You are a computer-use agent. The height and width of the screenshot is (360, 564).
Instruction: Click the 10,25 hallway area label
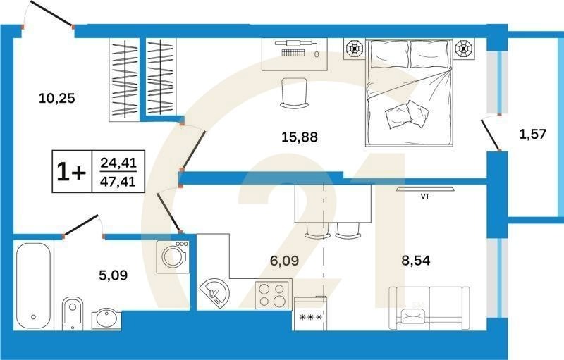[x=57, y=98]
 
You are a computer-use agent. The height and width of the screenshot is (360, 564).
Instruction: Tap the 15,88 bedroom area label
[x=300, y=137]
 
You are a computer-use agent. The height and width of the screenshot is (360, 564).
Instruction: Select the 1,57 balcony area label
[x=533, y=134]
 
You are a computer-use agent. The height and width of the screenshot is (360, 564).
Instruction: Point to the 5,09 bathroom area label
[x=113, y=275]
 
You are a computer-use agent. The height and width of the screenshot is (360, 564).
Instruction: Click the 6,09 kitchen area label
[x=284, y=260]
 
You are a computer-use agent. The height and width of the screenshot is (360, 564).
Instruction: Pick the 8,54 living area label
[x=416, y=260]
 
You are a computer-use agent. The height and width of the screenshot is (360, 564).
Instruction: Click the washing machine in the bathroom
[x=173, y=256]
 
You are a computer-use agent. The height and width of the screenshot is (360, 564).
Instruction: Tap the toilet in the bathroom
[x=73, y=314]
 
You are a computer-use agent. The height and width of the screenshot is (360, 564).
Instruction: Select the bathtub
[x=33, y=285]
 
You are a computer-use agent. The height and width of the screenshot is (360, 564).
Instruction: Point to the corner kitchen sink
[x=215, y=294]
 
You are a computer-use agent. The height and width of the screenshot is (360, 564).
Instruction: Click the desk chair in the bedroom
[x=294, y=93]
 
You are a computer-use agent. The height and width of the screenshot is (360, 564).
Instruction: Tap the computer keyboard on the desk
[x=293, y=53]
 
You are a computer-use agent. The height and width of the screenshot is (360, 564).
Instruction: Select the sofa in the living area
[x=429, y=308]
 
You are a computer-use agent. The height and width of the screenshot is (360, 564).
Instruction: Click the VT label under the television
[x=425, y=197]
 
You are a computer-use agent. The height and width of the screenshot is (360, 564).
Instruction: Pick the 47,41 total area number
[x=118, y=182]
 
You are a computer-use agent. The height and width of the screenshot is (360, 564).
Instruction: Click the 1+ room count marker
[x=72, y=172]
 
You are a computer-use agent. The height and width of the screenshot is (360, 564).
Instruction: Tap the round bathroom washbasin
[x=106, y=320]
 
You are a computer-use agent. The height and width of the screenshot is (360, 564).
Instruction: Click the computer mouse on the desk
[x=317, y=54]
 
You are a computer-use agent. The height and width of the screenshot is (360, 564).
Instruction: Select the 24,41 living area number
[x=118, y=163]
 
